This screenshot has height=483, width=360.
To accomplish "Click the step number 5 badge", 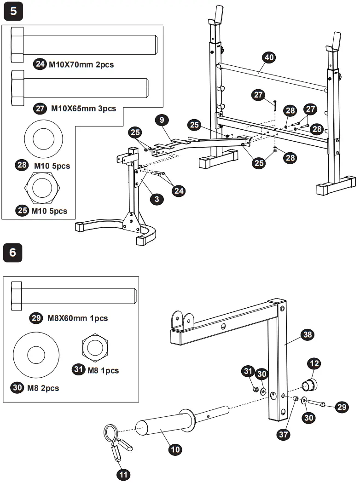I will (13, 11).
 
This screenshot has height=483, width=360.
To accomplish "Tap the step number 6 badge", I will (13, 253).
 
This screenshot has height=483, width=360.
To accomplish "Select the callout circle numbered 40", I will (268, 58).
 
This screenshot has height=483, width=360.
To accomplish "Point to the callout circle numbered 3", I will (157, 199).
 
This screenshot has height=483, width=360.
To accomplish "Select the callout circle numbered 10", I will (175, 449).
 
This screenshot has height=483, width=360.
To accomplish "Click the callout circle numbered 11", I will (123, 474).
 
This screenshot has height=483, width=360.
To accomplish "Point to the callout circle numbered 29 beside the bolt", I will (342, 408).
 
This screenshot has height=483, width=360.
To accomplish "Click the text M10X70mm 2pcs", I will (81, 65).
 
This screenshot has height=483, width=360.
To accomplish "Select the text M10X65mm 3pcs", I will (83, 109).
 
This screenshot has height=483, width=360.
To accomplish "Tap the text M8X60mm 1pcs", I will (77, 318).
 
